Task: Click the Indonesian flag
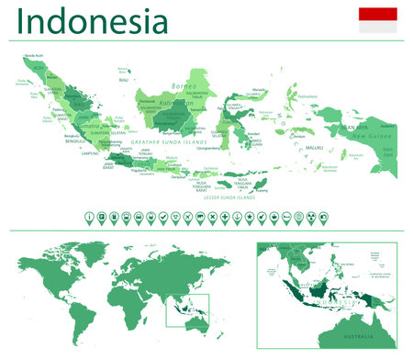(377, 20)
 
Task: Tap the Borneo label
(184, 87)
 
